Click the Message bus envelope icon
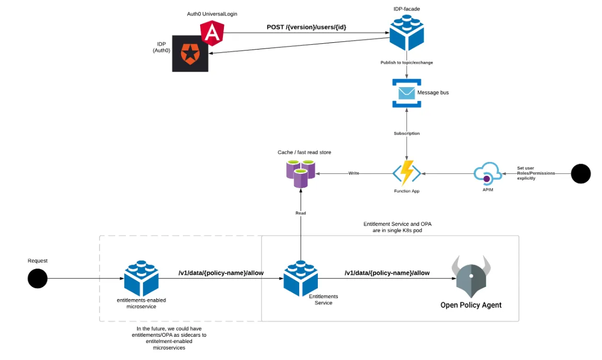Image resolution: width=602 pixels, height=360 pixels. [406, 93]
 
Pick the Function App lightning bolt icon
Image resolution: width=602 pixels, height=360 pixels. [407, 173]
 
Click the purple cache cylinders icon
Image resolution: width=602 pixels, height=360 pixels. [301, 173]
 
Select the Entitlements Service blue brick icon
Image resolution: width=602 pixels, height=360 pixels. [301, 279]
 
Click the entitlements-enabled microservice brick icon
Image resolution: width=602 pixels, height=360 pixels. [142, 279]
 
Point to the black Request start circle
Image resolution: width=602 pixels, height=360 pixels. [37, 279]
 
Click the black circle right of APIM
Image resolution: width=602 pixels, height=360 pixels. [581, 173]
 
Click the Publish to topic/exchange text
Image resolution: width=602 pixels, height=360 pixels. [406, 62]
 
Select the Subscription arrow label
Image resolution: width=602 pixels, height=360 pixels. [406, 134]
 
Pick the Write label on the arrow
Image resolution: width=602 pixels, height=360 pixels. [353, 173]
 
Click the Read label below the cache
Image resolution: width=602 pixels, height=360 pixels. [301, 213]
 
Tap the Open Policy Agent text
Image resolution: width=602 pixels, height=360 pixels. [470, 305]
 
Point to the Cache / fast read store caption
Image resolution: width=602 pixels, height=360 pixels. [304, 152]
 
